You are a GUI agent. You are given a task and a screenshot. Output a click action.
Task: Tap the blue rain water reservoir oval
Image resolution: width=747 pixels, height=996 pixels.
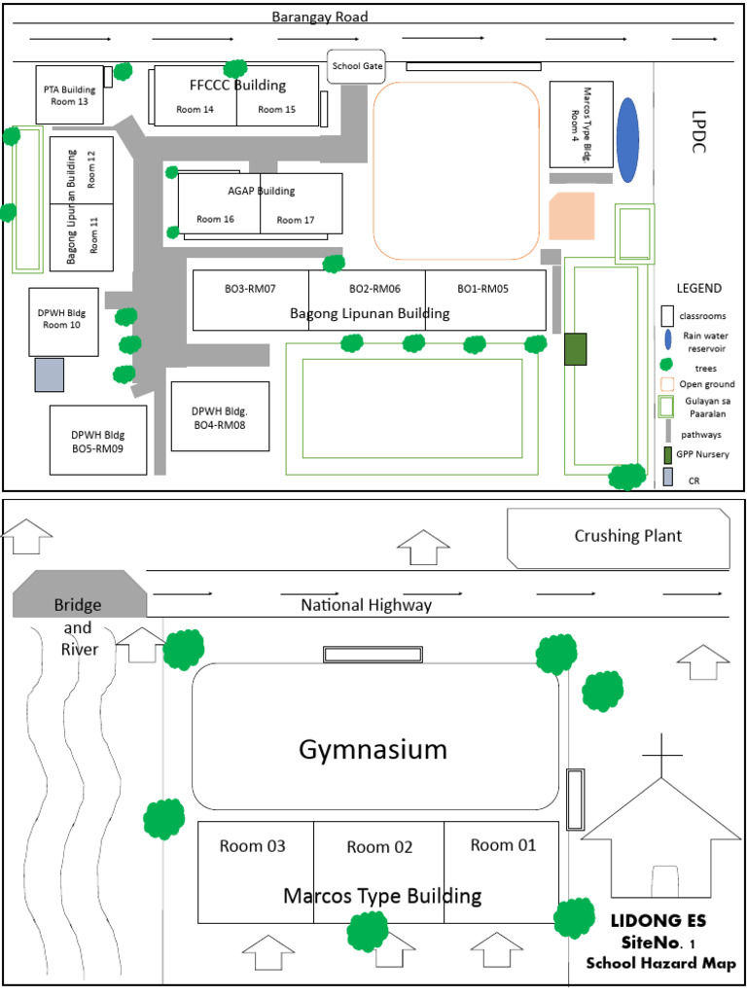[x=628, y=139]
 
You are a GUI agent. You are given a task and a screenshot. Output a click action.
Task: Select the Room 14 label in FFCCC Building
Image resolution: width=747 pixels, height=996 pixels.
[x=195, y=110]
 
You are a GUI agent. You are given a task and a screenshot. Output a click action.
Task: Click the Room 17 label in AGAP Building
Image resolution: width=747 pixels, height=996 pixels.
[x=296, y=220]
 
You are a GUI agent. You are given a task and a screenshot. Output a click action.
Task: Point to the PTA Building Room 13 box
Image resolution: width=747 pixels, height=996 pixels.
[x=69, y=94]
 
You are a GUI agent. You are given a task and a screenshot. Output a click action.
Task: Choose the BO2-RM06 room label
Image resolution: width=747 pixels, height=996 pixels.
[x=373, y=289]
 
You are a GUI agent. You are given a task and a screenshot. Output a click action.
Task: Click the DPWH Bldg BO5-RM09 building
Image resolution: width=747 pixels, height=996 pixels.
[x=98, y=440]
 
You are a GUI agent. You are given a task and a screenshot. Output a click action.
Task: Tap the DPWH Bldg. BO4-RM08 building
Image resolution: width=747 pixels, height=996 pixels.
[x=220, y=416]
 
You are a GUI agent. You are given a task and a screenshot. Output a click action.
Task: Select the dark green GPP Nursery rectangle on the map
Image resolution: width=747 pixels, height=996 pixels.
[x=576, y=349]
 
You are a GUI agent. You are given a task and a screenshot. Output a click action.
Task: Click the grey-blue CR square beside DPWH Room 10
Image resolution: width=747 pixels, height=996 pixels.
[x=49, y=375]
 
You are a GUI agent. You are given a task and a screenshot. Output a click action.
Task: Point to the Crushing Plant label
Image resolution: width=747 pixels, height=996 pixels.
[x=628, y=536]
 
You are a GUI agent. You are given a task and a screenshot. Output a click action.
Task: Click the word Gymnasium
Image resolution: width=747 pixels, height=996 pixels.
[x=373, y=750]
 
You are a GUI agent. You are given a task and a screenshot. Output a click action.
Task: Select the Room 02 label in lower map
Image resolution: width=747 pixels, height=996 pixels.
[x=379, y=847]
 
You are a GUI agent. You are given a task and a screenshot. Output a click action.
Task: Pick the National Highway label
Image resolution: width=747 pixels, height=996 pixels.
[x=366, y=605]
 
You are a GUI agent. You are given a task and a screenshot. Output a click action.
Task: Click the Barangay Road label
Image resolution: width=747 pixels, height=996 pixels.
[x=319, y=17]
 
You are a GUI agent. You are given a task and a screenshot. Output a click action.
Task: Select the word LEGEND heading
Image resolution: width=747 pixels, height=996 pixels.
[x=698, y=289]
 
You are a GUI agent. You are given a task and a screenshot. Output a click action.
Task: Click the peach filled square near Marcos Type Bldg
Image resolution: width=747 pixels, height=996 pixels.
[x=570, y=217]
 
